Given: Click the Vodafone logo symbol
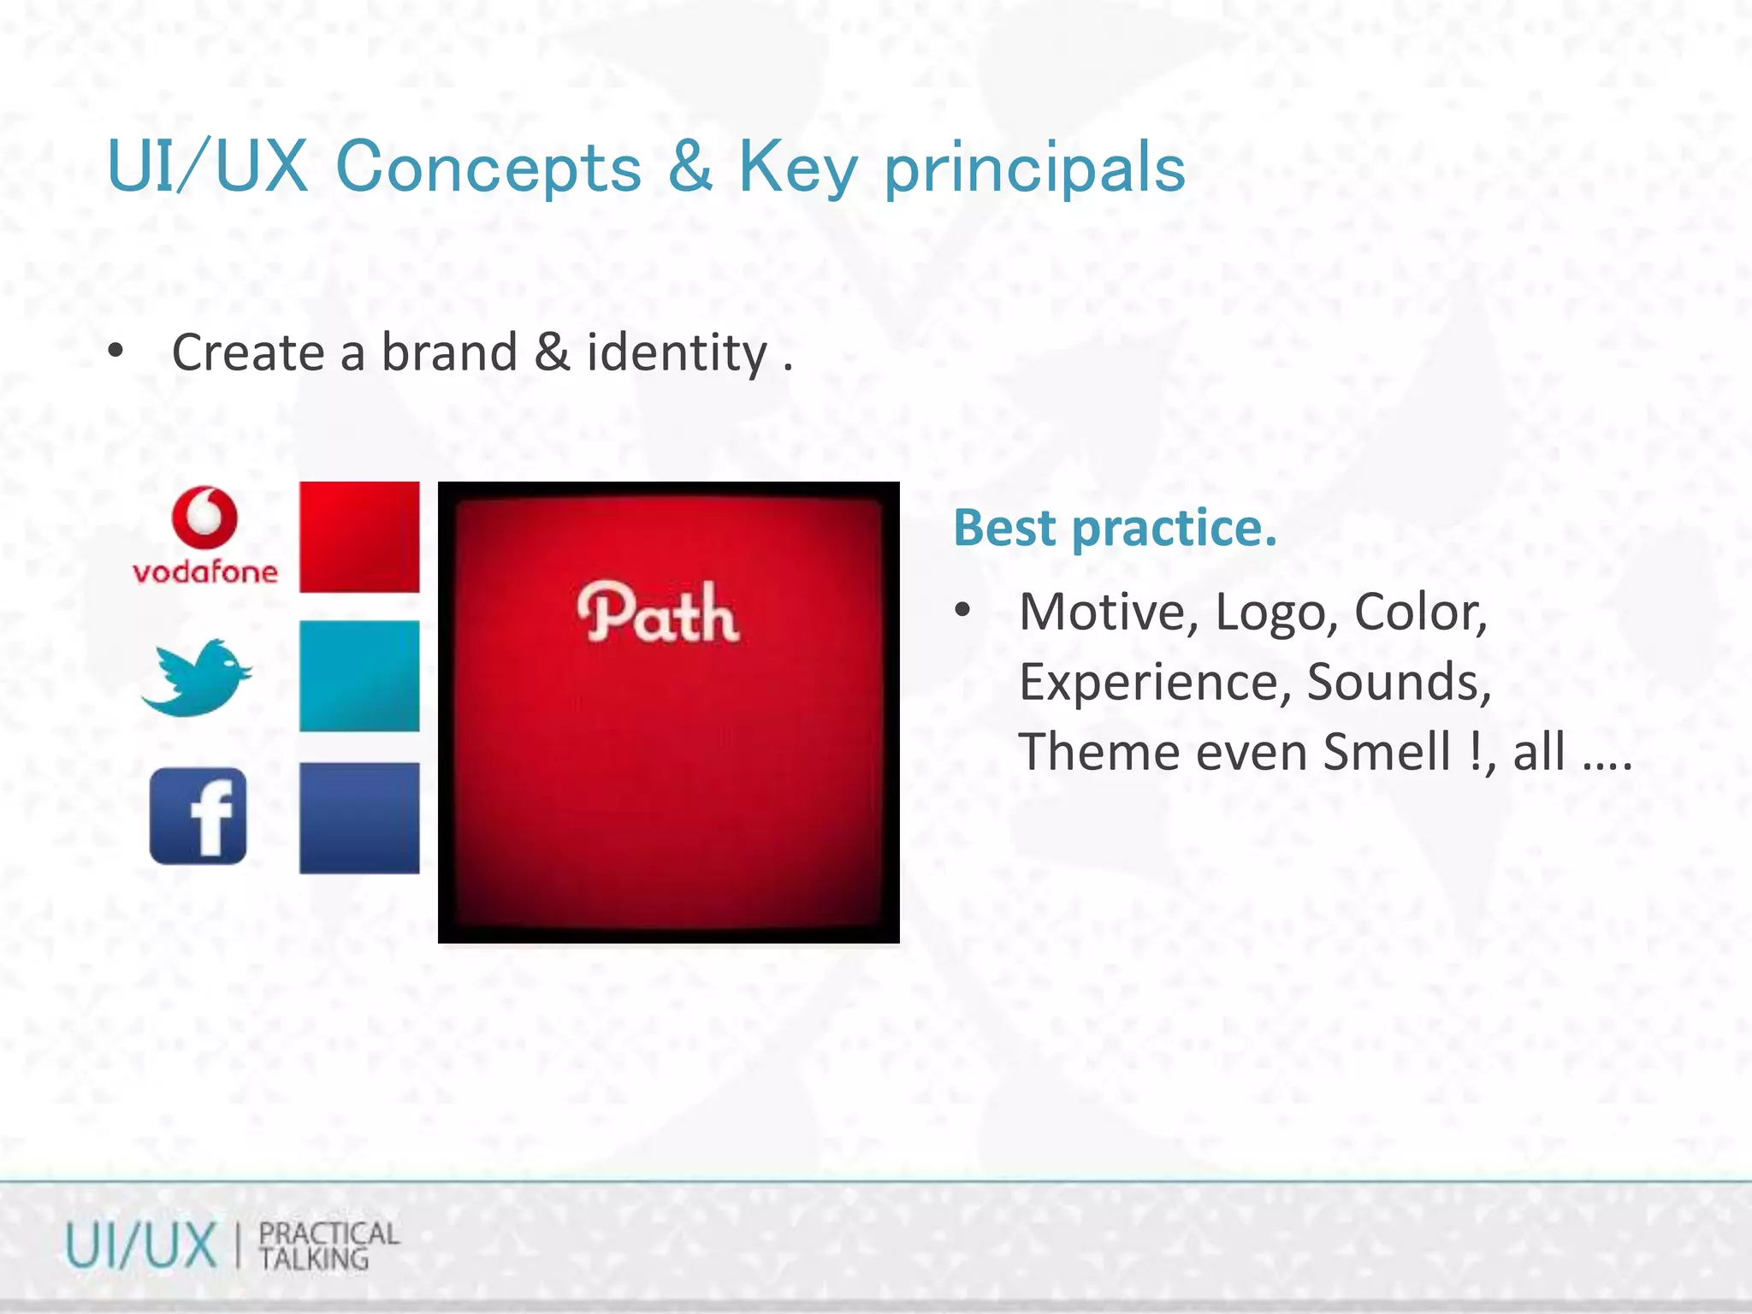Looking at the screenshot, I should tap(204, 518).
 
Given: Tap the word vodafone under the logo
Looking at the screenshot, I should tap(205, 571).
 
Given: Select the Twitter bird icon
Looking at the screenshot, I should tap(197, 677).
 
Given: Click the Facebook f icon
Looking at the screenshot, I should tap(198, 816).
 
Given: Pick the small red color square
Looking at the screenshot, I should tap(359, 537).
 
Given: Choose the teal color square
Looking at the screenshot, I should tap(359, 676).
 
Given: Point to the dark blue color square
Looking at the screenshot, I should tap(359, 818).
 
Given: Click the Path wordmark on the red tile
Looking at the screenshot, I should tap(658, 613).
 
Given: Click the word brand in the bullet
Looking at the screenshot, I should tap(449, 352).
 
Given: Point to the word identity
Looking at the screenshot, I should tap(677, 352).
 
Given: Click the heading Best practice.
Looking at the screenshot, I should tap(1115, 527).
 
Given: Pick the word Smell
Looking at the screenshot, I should tap(1386, 752).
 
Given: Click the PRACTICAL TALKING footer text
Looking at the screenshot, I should tap(328, 1246).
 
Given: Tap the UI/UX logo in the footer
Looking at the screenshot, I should tap(141, 1246).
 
